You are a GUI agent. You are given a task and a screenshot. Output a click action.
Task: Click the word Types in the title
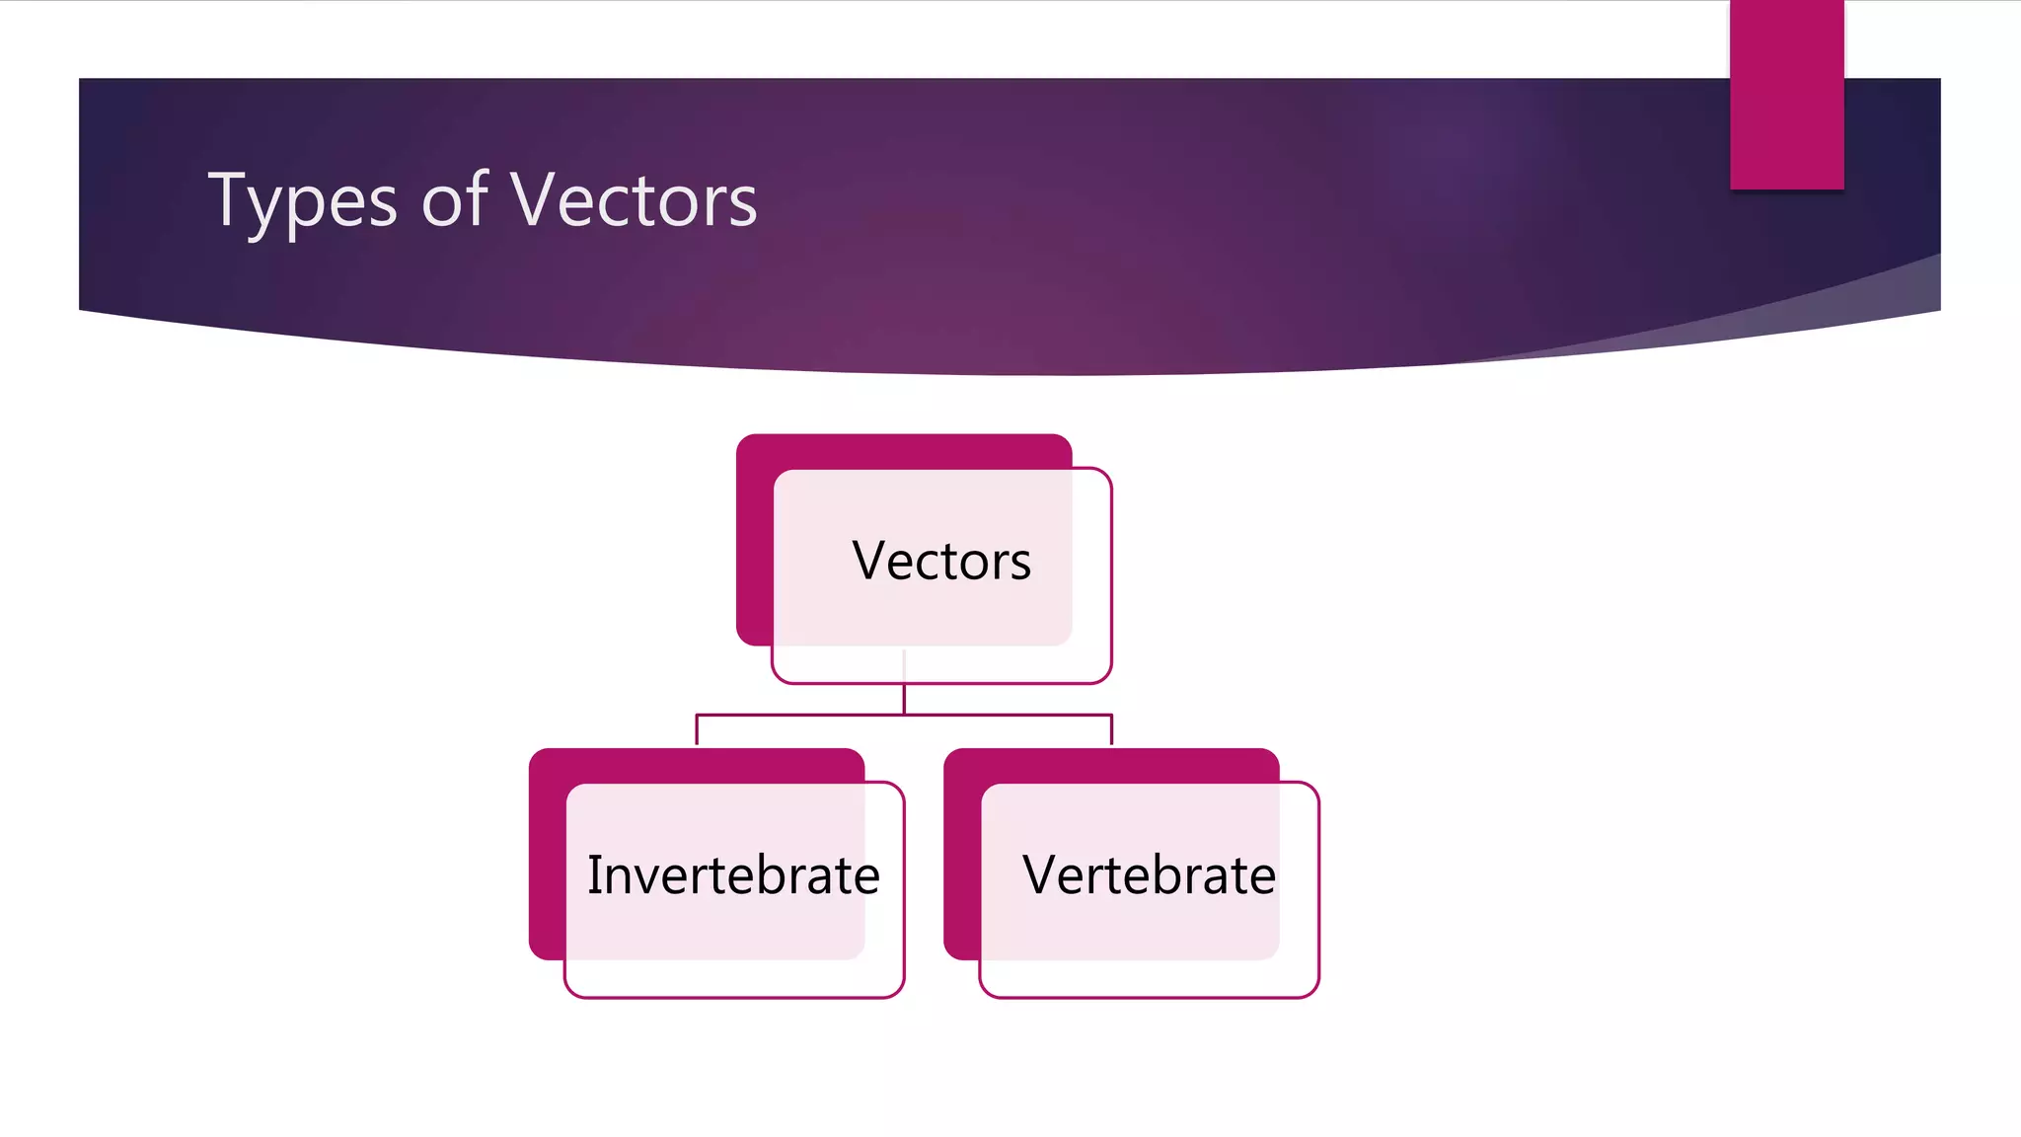click(302, 201)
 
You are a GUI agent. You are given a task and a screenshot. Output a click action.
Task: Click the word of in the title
click(454, 199)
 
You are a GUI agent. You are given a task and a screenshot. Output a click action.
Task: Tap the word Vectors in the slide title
click(634, 199)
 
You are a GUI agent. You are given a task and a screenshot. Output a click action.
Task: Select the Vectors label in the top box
click(941, 561)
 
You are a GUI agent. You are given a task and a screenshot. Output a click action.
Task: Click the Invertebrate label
click(733, 875)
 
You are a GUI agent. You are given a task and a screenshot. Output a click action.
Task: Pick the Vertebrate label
click(1149, 875)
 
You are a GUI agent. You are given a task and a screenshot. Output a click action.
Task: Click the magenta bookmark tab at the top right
click(1786, 94)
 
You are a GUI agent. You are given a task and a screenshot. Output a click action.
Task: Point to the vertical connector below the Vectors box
click(904, 697)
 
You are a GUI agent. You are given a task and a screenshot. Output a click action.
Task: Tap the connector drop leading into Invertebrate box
click(697, 730)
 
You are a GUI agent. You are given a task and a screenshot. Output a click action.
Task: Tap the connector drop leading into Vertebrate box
click(1112, 730)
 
